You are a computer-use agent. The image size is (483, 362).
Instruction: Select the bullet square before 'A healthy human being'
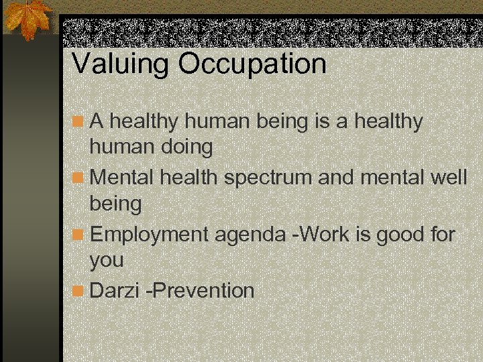78,121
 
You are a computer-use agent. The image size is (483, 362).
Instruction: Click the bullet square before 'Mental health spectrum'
78,178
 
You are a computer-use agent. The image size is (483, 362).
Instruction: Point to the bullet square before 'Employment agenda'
78,235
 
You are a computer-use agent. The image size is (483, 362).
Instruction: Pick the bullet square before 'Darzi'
78,291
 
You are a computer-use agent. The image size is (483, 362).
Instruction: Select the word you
107,261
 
